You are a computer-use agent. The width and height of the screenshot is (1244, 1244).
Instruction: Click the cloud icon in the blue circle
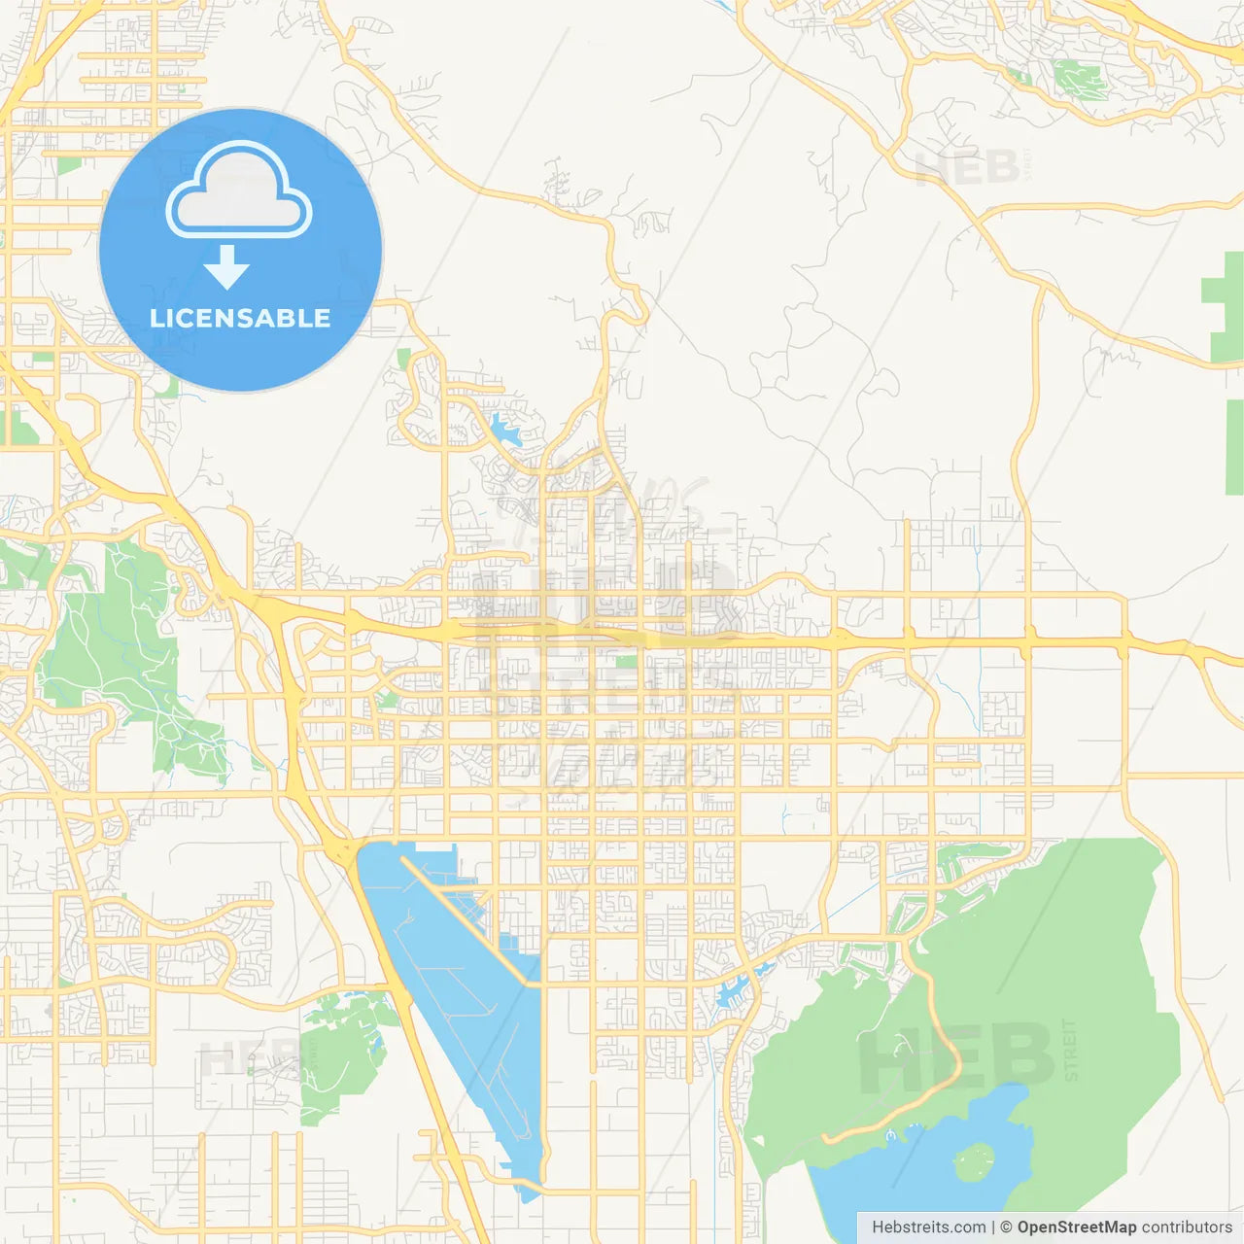click(239, 191)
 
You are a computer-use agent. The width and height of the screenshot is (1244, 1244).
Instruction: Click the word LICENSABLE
click(240, 318)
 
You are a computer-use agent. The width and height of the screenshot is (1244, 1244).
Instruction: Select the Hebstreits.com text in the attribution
click(928, 1227)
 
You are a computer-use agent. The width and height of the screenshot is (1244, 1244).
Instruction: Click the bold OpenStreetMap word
click(1076, 1227)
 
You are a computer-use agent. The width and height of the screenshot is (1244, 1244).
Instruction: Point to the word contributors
click(1186, 1227)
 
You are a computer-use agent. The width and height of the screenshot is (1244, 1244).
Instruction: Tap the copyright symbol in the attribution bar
click(1006, 1227)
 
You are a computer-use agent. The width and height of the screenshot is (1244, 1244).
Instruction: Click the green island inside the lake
click(974, 1160)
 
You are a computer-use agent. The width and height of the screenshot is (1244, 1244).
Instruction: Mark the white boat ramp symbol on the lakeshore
click(890, 1135)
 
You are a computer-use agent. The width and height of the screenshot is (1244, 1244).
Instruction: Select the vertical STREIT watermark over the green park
click(1070, 1050)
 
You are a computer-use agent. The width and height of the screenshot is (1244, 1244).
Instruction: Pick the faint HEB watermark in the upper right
click(967, 168)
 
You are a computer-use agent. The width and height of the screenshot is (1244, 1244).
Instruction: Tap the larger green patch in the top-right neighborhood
click(1079, 78)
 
